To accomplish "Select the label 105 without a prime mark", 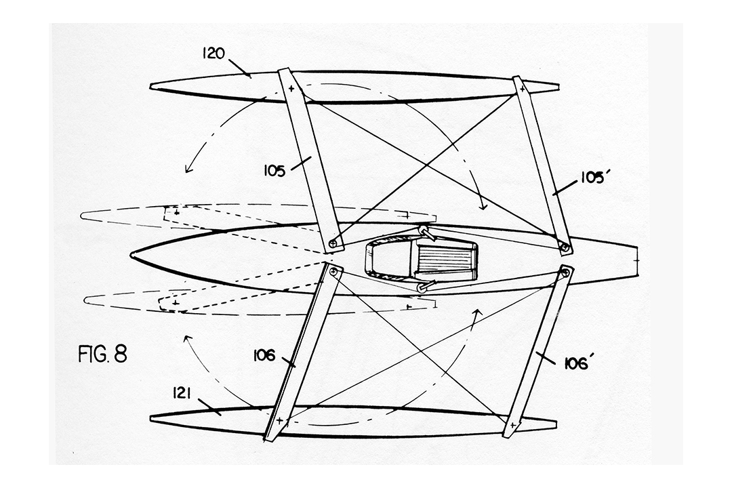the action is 274,172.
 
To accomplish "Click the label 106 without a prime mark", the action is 264,356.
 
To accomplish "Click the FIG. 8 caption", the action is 102,354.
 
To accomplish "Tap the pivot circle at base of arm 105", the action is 333,243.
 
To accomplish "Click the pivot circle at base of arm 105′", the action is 565,247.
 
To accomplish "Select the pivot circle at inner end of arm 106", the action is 333,271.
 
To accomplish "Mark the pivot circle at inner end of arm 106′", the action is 565,272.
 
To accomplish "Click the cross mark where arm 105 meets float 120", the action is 291,88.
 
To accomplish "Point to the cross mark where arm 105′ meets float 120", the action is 522,88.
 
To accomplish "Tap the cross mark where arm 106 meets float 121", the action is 279,421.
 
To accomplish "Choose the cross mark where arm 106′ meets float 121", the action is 512,426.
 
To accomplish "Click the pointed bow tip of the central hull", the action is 132,256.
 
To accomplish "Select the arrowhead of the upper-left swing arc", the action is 188,169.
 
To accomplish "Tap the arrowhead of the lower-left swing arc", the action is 188,339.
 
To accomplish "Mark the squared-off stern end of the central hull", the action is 636,260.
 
